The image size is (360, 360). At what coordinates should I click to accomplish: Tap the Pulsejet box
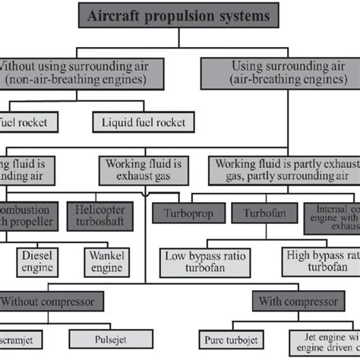pos(103,336)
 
